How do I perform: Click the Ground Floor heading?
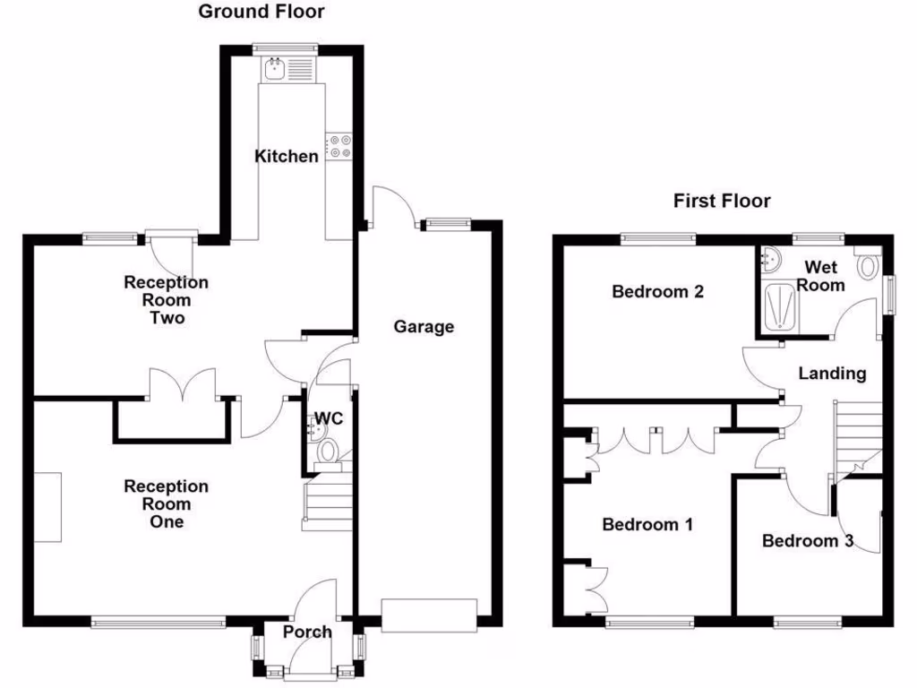[261, 12]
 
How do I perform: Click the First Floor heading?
[722, 201]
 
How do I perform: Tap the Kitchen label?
[287, 157]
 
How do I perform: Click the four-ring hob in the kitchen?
[339, 147]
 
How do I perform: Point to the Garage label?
[424, 327]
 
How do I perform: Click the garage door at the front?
[428, 616]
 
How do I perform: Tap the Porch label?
[307, 632]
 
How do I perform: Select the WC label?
[328, 418]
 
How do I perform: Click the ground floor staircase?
[327, 506]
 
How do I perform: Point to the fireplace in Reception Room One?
[48, 507]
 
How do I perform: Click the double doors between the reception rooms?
[183, 385]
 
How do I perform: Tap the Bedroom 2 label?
[657, 291]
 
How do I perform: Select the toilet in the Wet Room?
[868, 265]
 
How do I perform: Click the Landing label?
[832, 374]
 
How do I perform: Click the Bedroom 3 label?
[807, 541]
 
